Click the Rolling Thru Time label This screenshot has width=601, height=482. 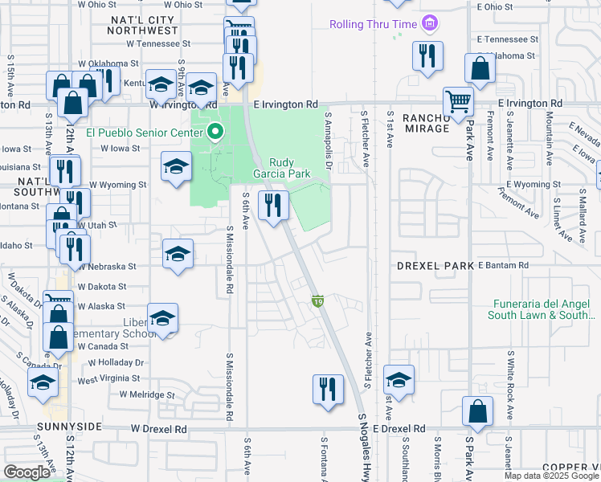point(374,24)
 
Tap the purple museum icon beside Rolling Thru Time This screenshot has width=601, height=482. point(430,24)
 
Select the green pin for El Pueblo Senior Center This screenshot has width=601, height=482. point(215,133)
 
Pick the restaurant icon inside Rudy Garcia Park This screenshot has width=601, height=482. point(273,206)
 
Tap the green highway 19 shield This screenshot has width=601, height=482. point(318,300)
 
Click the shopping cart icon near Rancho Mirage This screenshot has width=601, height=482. point(458,102)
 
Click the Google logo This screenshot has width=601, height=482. point(27,472)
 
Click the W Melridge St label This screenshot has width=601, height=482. point(146,394)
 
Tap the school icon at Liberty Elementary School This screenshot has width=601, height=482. point(162,318)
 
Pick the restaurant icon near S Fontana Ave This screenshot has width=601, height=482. point(326,390)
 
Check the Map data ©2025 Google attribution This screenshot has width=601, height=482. point(550,476)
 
